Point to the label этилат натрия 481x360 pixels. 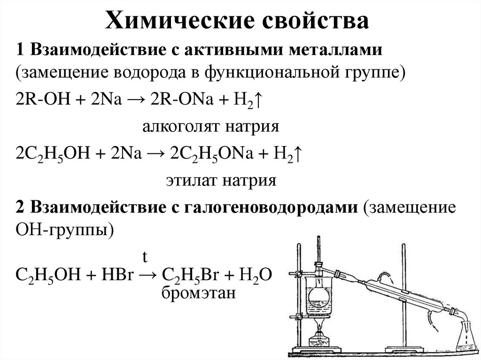tap(220, 180)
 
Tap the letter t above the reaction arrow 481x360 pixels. tap(145, 257)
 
